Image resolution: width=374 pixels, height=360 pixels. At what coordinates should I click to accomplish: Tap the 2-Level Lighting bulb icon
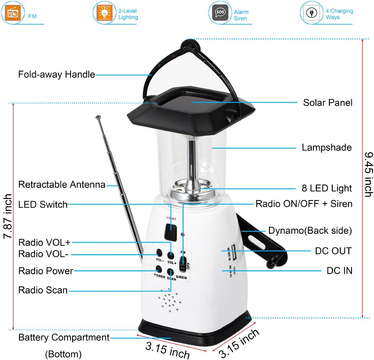pyautogui.click(x=104, y=13)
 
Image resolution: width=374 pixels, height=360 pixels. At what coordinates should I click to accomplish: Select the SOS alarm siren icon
pyautogui.click(x=220, y=13)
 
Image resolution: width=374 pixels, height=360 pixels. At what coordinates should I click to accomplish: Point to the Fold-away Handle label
pyautogui.click(x=57, y=74)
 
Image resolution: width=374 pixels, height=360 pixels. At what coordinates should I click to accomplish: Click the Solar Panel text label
pyautogui.click(x=328, y=103)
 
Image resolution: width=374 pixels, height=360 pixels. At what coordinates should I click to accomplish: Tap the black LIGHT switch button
pyautogui.click(x=170, y=231)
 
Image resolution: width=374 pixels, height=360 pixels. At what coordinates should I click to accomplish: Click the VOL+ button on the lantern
pyautogui.click(x=171, y=255)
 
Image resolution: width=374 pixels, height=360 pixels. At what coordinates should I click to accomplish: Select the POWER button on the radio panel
pyautogui.click(x=159, y=269)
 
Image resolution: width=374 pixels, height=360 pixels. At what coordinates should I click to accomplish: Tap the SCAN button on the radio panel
pyautogui.click(x=171, y=272)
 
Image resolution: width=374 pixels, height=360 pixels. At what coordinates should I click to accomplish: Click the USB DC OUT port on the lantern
pyautogui.click(x=234, y=252)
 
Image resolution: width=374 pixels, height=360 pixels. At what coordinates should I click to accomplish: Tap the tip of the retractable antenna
pyautogui.click(x=97, y=117)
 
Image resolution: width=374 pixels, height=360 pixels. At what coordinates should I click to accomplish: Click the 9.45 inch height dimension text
pyautogui.click(x=368, y=174)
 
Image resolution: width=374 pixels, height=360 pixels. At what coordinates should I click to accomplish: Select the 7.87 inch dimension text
pyautogui.click(x=7, y=216)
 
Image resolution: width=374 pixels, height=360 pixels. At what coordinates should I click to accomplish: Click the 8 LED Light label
pyautogui.click(x=327, y=188)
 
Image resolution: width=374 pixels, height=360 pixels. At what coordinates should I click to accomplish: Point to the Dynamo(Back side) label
pyautogui.click(x=310, y=230)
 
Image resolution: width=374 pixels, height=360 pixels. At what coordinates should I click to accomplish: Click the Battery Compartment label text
pyautogui.click(x=64, y=338)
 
